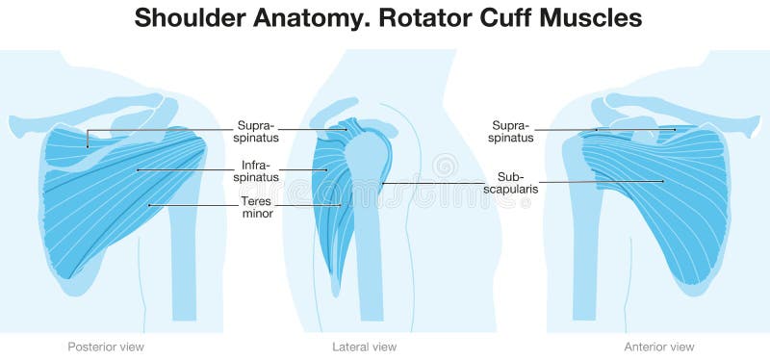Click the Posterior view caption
point(106,347)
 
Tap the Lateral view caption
point(364,347)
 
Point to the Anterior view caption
point(659,347)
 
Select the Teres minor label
point(257,207)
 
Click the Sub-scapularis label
point(517,183)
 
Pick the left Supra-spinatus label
point(256,132)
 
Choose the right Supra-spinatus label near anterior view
point(512,132)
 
